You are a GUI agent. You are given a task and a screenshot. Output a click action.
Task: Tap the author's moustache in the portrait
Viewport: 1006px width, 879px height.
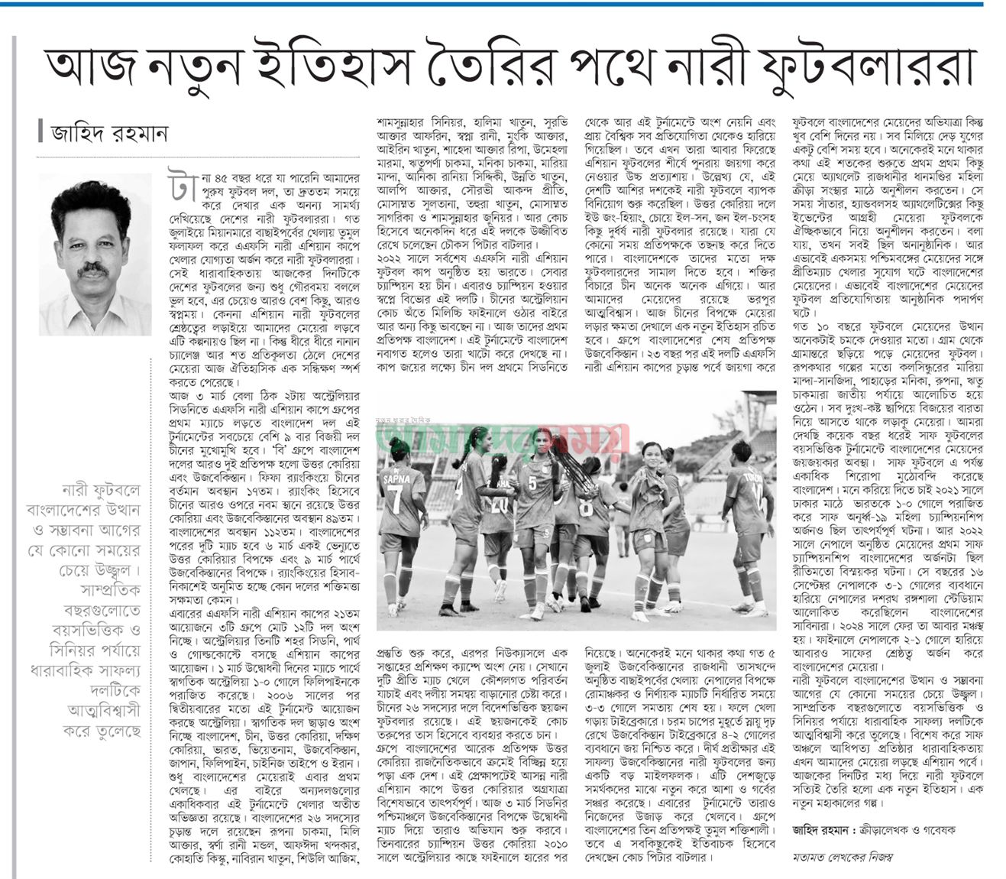pos(93,269)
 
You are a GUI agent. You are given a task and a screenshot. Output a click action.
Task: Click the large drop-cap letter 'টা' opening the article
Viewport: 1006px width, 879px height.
pos(176,182)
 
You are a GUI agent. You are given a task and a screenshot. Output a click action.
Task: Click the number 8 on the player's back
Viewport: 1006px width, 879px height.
pos(586,508)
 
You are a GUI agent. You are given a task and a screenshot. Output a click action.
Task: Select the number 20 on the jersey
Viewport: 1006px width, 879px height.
pos(500,504)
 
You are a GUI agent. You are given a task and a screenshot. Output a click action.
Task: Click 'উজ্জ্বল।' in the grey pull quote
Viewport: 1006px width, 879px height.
pos(121,571)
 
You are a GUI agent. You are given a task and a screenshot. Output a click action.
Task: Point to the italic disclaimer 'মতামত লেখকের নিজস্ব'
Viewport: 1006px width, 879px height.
pos(843,857)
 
